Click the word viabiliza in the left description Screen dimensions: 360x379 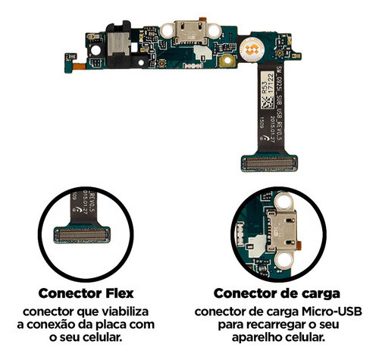[126, 311]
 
